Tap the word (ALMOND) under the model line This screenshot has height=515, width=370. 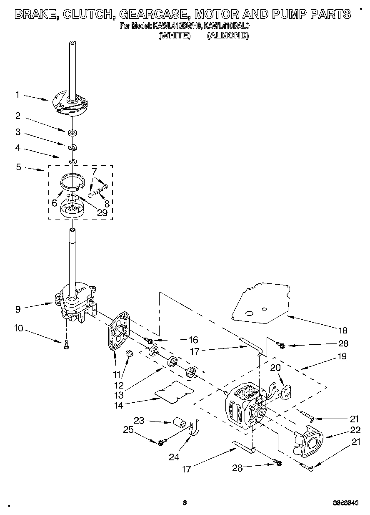pos(227,35)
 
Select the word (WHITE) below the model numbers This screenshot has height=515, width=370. pos(175,35)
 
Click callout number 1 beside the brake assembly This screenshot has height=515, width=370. pos(17,95)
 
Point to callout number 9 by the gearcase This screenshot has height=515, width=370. pos(17,309)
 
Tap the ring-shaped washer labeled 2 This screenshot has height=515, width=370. pos(73,133)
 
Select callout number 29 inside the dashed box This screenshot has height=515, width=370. pos(102,212)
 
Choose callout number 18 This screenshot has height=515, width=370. pos(342,331)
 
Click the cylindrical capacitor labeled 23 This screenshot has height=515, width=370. pos(179,421)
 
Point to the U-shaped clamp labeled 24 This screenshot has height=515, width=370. pos(194,429)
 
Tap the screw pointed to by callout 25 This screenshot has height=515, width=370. pos(161,442)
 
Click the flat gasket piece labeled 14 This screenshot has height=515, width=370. pos(174,392)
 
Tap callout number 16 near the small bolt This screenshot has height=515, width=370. pos(193,340)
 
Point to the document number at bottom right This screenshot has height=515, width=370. pos(345,503)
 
